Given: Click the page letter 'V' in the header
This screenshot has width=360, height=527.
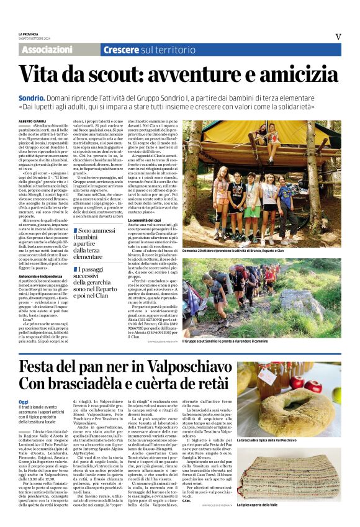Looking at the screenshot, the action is [x=338, y=37].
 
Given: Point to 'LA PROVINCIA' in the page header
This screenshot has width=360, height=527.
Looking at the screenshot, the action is [x=29, y=34].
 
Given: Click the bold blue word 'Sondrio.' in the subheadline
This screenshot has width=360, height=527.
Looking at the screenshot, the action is [x=31, y=98].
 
